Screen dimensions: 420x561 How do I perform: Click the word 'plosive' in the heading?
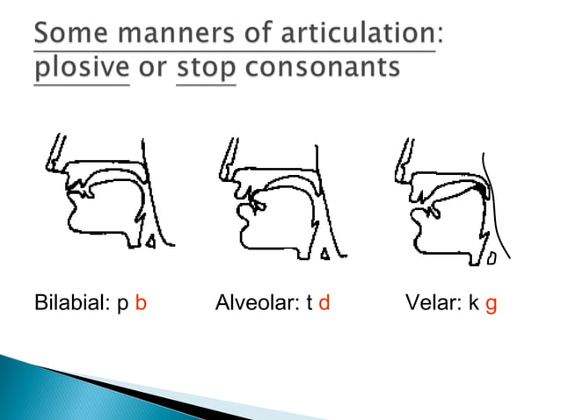pyautogui.click(x=80, y=69)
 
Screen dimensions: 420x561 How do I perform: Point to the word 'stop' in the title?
pyautogui.click(x=206, y=69)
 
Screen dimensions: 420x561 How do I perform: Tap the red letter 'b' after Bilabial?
pyautogui.click(x=141, y=306)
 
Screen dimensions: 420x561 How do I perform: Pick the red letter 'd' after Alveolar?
pyautogui.click(x=324, y=306)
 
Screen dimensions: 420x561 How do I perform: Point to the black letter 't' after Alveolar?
pyautogui.click(x=309, y=306)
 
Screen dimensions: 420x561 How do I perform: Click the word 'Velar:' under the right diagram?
pyautogui.click(x=433, y=306)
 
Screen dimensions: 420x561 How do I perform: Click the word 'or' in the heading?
pyautogui.click(x=153, y=69)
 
